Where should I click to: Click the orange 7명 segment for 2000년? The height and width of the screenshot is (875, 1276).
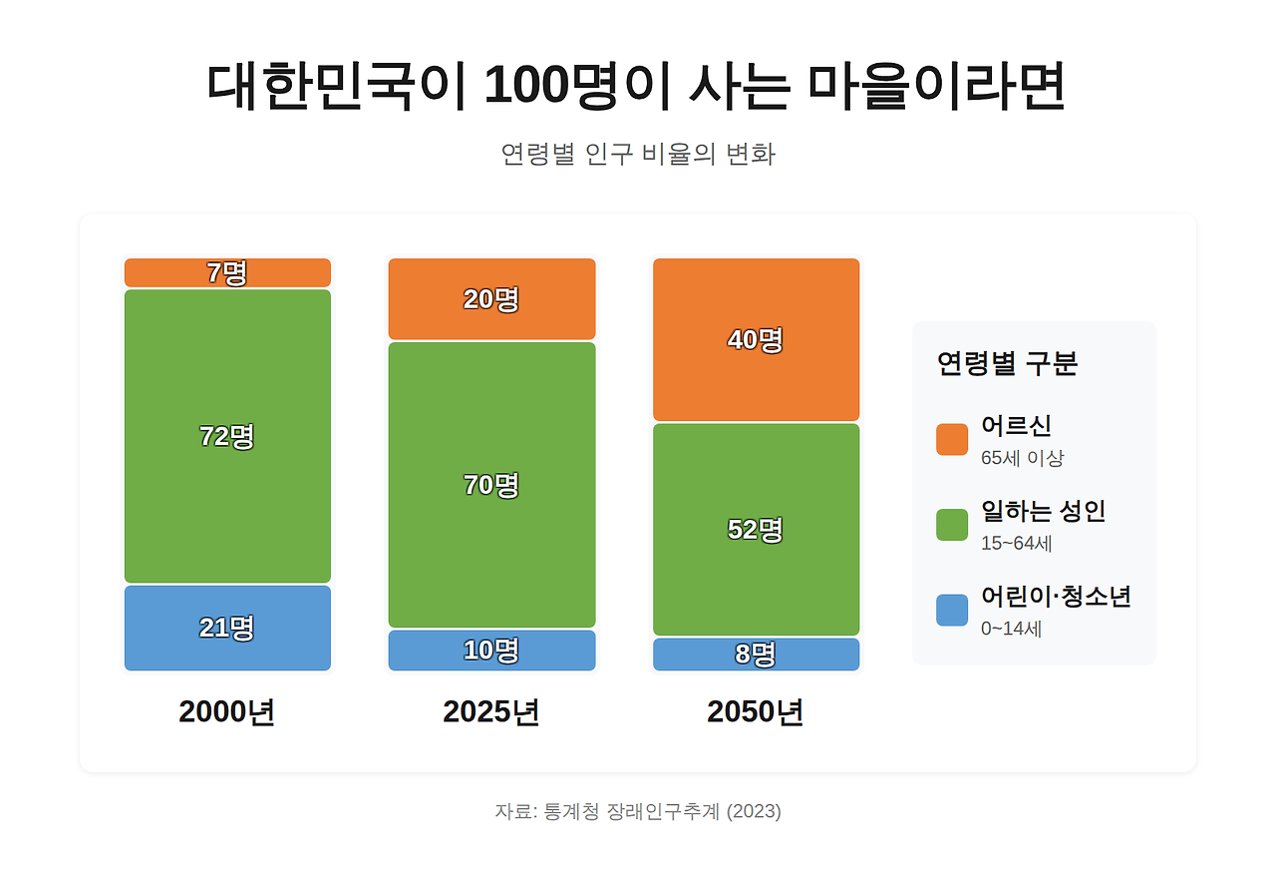point(227,272)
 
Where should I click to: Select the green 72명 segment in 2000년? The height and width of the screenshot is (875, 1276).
point(227,436)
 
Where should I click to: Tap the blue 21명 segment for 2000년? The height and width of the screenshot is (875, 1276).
point(227,628)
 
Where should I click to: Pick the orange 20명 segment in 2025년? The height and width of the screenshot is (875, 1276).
point(491,298)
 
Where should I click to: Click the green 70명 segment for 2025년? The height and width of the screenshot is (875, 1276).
point(491,485)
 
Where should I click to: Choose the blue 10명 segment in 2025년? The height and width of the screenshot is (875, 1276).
point(491,650)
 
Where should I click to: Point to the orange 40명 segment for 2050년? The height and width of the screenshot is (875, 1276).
point(756,339)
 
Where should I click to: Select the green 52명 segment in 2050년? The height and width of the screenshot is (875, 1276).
point(756,529)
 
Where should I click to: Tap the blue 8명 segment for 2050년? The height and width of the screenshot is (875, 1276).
point(756,655)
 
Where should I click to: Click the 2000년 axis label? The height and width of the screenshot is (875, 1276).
point(227,712)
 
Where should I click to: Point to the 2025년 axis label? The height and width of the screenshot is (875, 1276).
point(491,712)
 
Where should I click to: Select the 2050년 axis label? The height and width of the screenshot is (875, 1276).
point(756,712)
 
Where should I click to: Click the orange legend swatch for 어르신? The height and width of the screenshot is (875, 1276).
point(952,439)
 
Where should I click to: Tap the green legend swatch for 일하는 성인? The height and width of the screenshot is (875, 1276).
point(952,525)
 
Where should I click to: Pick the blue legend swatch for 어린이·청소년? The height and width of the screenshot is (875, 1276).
point(952,611)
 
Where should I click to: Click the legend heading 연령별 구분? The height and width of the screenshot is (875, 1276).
point(1007,363)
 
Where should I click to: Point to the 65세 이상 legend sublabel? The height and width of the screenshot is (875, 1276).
point(1023,459)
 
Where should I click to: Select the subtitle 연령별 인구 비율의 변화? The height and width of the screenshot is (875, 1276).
point(638,155)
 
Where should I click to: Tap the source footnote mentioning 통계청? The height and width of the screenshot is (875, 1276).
point(638,811)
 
